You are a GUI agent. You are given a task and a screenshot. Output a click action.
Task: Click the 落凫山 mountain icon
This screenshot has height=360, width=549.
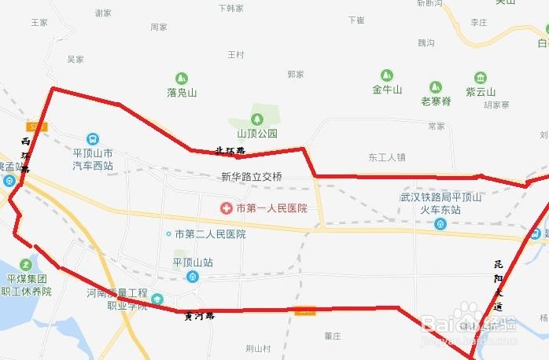click(182, 78)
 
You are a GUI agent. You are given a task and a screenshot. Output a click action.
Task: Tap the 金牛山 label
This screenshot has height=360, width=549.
click(387, 90)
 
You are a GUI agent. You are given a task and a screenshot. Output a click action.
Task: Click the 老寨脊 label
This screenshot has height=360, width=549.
click(436, 101)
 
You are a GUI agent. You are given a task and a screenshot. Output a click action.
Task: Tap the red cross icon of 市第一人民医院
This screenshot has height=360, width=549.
click(226, 208)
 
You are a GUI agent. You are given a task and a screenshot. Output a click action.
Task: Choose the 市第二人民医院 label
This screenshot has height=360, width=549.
click(210, 234)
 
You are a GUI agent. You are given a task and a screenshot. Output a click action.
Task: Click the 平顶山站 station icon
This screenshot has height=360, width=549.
click(193, 276)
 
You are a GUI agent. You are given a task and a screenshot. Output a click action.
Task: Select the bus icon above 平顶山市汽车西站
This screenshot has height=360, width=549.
click(93, 139)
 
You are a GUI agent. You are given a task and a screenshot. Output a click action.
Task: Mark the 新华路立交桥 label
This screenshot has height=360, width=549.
click(251, 177)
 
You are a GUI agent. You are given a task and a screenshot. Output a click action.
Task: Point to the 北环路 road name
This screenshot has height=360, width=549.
click(230, 150)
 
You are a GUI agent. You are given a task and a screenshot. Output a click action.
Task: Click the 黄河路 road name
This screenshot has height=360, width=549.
click(199, 316)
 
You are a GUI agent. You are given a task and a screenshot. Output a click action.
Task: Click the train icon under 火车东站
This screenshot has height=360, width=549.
click(440, 223)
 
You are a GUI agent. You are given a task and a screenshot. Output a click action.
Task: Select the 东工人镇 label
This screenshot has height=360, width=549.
click(386, 157)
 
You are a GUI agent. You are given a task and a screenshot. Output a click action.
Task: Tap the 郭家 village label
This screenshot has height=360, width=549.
click(296, 74)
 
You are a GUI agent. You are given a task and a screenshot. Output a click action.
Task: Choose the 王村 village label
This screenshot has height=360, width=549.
click(236, 55)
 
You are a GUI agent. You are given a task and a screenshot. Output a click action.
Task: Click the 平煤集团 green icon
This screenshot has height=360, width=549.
click(28, 264)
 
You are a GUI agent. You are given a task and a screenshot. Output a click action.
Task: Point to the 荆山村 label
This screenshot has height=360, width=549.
click(257, 347)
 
